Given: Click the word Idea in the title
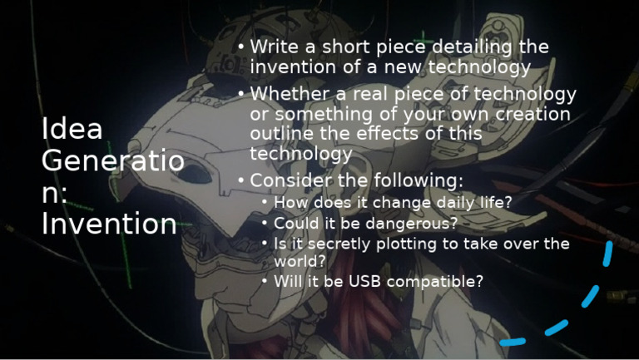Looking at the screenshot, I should point(72,129).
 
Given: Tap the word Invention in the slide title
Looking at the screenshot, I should point(109,224).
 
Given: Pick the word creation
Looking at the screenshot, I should point(529,114).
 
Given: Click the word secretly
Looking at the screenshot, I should point(334,244).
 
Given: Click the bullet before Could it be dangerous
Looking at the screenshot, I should point(265,224).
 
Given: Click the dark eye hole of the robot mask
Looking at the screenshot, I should point(197,175).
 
